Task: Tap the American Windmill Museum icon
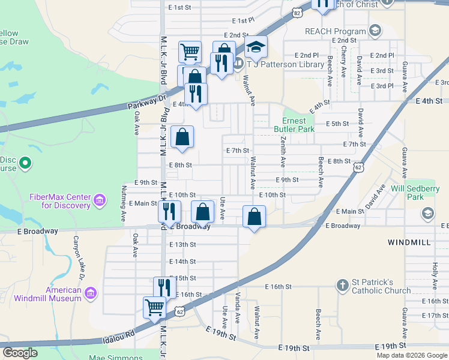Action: tap(91, 293)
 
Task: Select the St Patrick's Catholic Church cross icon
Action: tap(342, 285)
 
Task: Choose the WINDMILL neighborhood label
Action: tap(409, 242)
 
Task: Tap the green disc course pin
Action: tap(25, 163)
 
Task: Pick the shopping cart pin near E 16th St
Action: tap(155, 307)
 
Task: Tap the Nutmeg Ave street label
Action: tap(124, 203)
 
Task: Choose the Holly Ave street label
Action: tap(435, 272)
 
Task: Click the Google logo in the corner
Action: tap(20, 353)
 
